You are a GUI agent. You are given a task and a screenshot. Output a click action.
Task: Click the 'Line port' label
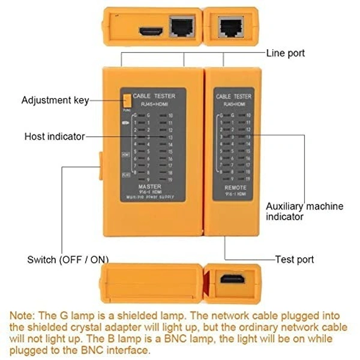click(x=286, y=53)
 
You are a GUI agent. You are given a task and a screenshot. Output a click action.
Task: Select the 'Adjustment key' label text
click(x=55, y=100)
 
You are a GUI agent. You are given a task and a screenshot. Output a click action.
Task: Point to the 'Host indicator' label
click(x=55, y=136)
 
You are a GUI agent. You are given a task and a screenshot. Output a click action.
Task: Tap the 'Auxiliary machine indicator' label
click(x=304, y=211)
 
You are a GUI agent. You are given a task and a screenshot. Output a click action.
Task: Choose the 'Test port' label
click(x=295, y=260)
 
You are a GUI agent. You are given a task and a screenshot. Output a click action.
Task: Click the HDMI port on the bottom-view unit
click(x=232, y=280)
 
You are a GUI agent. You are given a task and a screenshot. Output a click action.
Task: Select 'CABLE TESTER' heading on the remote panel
click(x=233, y=96)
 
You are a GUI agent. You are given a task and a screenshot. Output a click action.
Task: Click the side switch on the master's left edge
click(x=99, y=166)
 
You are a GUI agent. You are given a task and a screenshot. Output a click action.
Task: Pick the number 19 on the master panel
click(x=170, y=179)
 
